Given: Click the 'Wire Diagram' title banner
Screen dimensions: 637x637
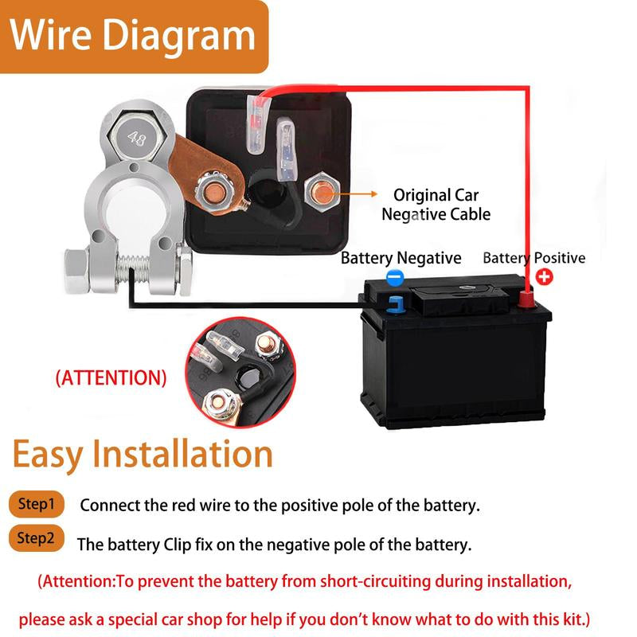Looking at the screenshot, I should click(x=133, y=36).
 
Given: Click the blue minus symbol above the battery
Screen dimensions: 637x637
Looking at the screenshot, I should click(x=395, y=277).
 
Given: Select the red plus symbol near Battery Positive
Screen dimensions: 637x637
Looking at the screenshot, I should click(x=544, y=277).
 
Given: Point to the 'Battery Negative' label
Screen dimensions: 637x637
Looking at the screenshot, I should click(x=401, y=258).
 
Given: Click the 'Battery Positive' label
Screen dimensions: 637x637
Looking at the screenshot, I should click(x=533, y=258).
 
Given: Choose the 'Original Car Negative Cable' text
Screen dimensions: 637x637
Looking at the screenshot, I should click(x=436, y=205).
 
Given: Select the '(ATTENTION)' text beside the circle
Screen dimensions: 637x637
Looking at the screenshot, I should click(x=111, y=377).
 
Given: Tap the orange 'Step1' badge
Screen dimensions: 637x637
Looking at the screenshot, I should click(x=37, y=504).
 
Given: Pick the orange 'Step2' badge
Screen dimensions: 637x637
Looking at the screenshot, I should click(x=37, y=539).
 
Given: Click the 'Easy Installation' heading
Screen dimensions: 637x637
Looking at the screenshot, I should click(x=143, y=454).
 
